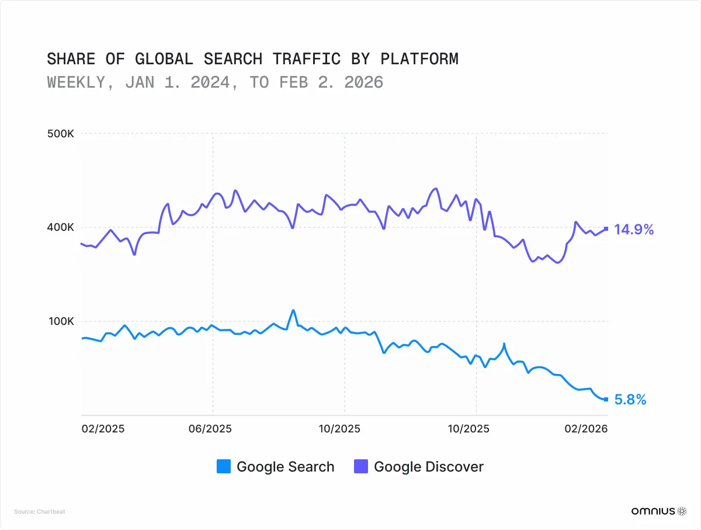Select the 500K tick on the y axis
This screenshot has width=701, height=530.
(x=60, y=134)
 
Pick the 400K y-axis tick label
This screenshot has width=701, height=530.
(x=60, y=227)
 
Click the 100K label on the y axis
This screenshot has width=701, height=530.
(x=60, y=321)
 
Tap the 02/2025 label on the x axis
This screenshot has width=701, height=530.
(x=103, y=429)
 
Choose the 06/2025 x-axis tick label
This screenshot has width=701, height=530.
(x=211, y=429)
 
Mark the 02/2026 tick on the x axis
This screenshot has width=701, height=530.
(x=587, y=429)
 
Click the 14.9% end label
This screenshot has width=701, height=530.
(x=634, y=230)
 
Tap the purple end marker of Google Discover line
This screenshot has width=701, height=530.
(x=606, y=228)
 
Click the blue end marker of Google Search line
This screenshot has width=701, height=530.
(x=606, y=399)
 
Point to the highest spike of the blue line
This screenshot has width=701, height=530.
(x=293, y=310)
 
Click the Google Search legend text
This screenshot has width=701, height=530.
(x=285, y=467)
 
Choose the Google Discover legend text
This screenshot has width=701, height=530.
(x=428, y=467)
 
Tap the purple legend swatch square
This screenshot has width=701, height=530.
(x=361, y=467)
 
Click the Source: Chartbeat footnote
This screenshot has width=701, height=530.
(x=40, y=512)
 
